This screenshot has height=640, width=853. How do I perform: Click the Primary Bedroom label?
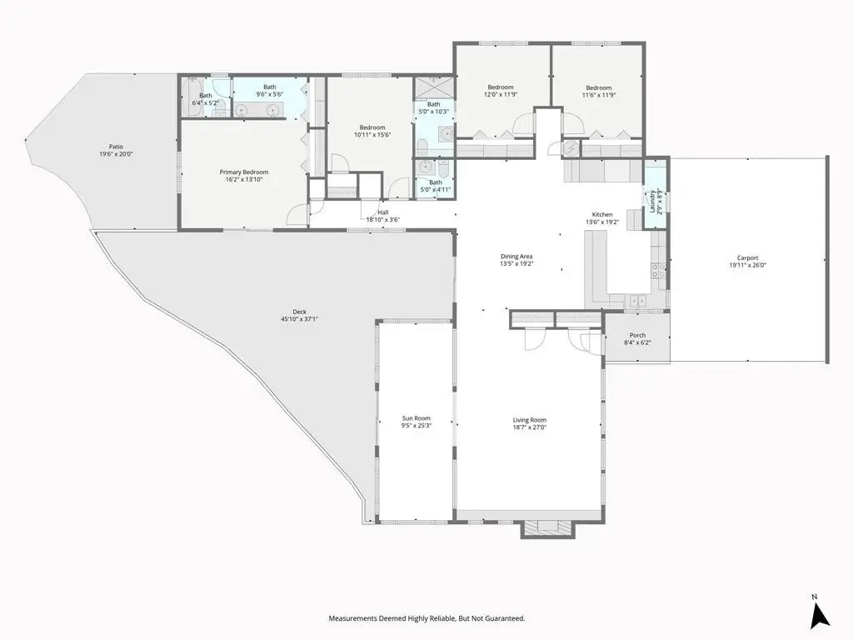click(244, 172)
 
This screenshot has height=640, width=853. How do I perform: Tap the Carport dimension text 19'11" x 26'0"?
click(747, 266)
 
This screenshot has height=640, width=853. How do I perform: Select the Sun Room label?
click(417, 418)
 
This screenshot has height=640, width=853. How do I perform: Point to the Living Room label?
click(529, 420)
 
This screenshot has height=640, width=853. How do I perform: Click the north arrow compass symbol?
click(820, 614)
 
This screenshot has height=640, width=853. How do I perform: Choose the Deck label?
click(299, 312)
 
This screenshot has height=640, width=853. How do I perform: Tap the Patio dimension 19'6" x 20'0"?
click(116, 154)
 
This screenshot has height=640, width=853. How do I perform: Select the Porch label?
click(637, 335)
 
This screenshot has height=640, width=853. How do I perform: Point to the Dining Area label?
click(516, 257)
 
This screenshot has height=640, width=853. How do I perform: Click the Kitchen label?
click(602, 214)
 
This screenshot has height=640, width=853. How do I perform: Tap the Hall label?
click(383, 212)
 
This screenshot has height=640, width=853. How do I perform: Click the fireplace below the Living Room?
click(548, 528)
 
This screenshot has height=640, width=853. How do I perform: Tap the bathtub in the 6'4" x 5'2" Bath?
click(192, 97)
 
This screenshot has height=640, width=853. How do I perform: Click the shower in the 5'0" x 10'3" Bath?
click(433, 87)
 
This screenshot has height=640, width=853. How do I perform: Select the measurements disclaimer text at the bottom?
click(426, 618)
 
